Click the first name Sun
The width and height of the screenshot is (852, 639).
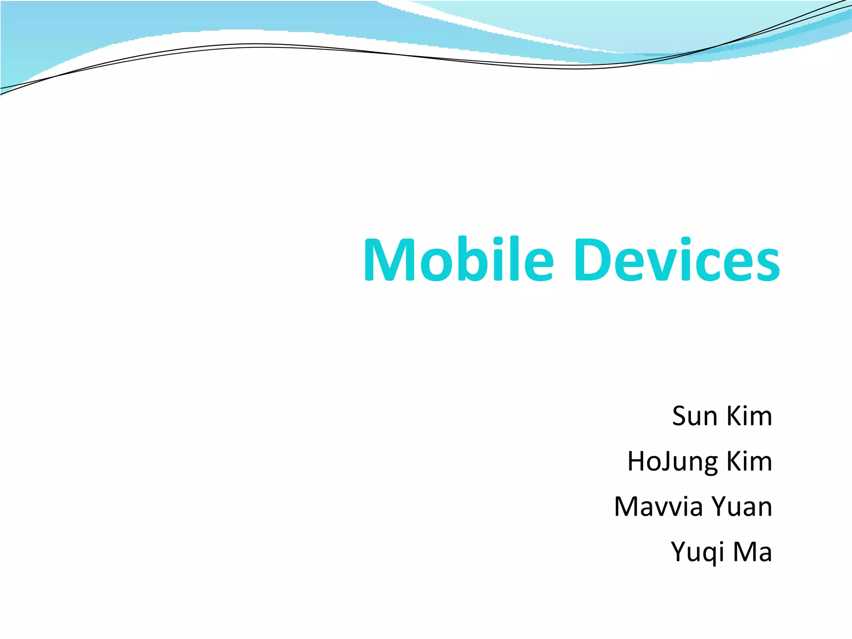pos(695,416)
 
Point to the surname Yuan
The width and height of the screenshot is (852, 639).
pos(742,507)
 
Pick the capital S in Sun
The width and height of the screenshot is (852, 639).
pos(681,416)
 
